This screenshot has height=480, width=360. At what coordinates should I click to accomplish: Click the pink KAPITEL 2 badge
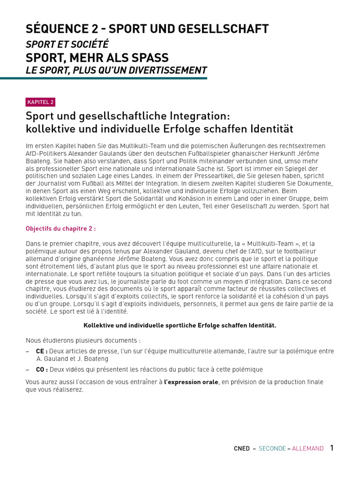point(41,102)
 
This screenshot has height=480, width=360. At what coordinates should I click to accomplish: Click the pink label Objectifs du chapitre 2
point(60,229)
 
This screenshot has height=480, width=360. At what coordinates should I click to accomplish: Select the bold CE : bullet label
point(42,351)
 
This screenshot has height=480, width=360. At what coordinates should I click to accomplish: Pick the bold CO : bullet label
point(42,369)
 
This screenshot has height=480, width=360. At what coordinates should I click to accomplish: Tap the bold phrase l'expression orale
point(191,382)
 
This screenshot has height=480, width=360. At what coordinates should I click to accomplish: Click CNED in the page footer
point(242,449)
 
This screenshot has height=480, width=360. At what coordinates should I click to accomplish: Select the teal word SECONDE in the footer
point(272,449)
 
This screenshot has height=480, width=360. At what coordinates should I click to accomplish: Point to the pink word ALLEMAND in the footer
point(307,449)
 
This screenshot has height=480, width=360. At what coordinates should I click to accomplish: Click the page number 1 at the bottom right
point(332,448)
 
